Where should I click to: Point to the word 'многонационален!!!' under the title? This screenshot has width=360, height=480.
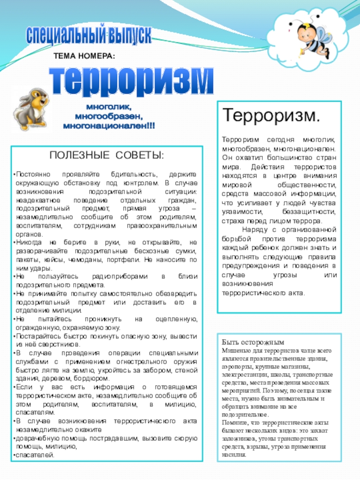pyautogui.click(x=109, y=126)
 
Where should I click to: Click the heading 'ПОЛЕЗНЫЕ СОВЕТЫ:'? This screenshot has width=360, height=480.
pyautogui.click(x=107, y=156)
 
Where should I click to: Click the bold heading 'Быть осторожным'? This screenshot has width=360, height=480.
pyautogui.click(x=252, y=342)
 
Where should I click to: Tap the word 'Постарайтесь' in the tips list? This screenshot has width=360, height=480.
pyautogui.click(x=36, y=336)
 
